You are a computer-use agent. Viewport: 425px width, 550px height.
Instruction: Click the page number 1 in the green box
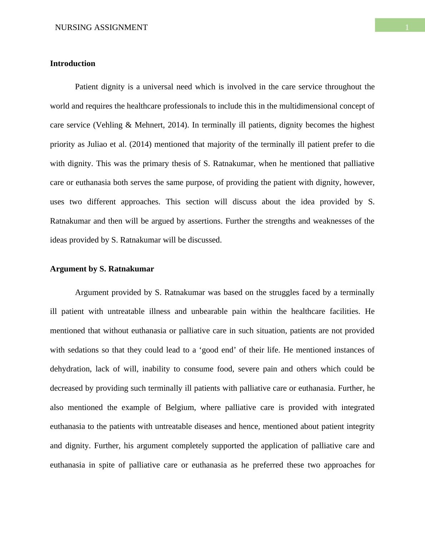coord(407,27)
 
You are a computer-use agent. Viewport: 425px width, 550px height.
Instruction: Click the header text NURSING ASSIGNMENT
coord(101,27)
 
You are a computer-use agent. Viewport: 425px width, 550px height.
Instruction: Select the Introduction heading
coord(72,64)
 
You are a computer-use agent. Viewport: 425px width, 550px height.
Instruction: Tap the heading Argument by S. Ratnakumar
coord(102,269)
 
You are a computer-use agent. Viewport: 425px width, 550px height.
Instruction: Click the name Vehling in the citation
coord(108,125)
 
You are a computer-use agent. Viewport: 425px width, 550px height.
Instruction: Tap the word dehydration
coord(70,369)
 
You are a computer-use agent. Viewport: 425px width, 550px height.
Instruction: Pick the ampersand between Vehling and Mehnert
coord(129,125)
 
